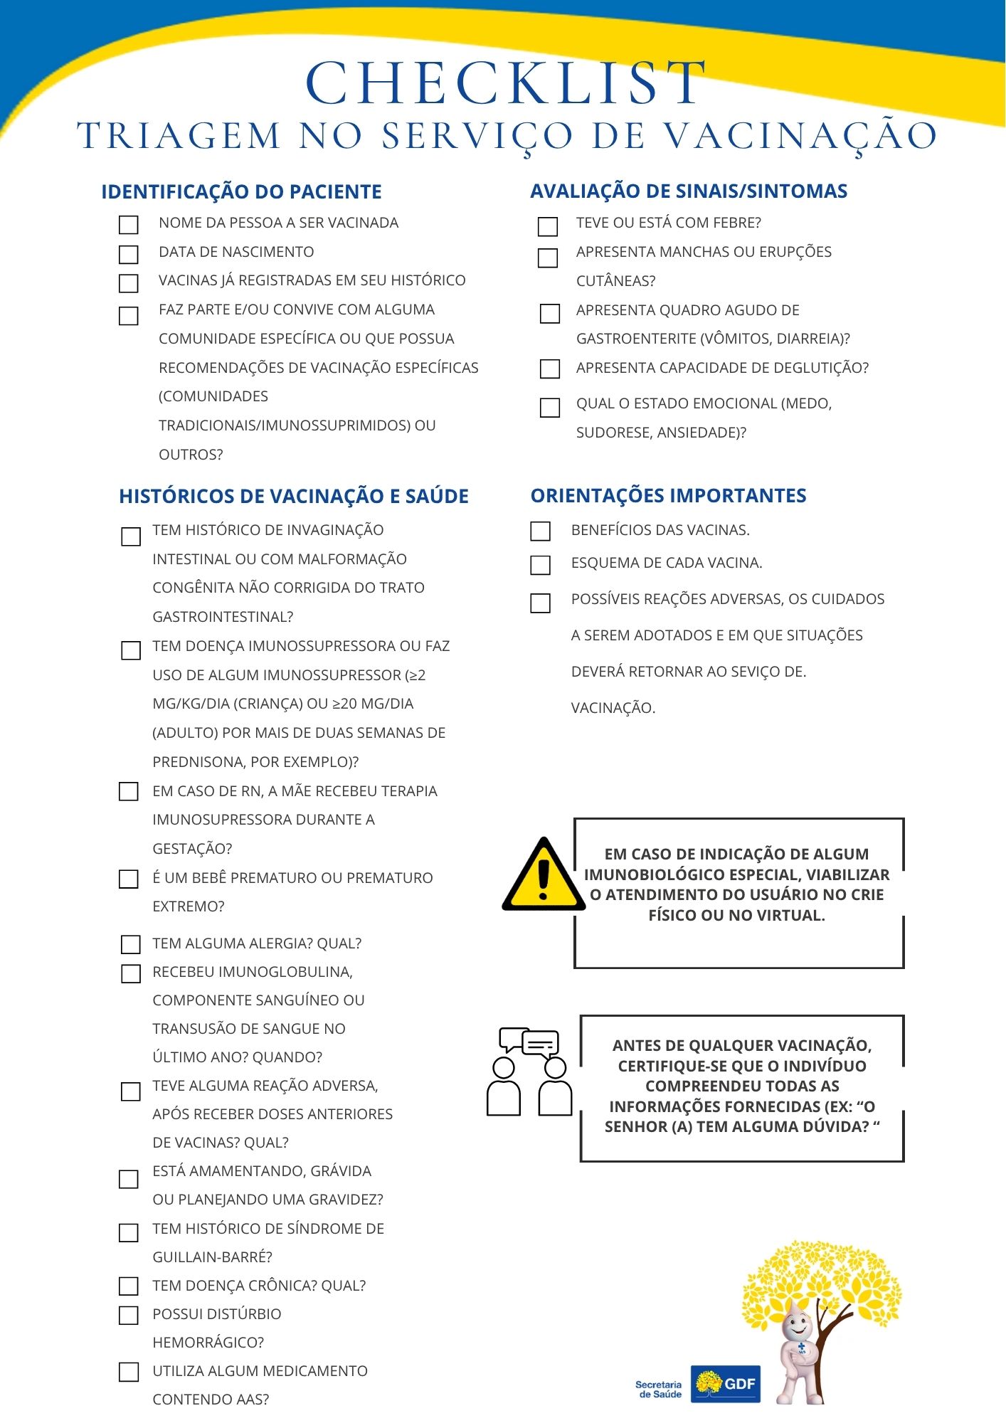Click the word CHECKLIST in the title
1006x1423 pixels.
pyautogui.click(x=506, y=83)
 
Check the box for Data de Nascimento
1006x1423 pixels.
pyautogui.click(x=129, y=254)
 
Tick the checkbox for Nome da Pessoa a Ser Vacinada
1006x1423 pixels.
pyautogui.click(x=129, y=225)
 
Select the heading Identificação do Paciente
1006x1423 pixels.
pyautogui.click(x=241, y=192)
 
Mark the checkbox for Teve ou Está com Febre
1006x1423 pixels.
pyautogui.click(x=548, y=226)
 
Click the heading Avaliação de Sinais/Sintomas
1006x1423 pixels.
pyautogui.click(x=689, y=191)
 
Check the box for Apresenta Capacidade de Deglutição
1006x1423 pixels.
pyautogui.click(x=550, y=369)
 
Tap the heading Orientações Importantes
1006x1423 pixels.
pyautogui.click(x=668, y=496)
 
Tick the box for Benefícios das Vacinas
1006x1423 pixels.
pyautogui.click(x=541, y=531)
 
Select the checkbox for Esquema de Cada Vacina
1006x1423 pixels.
pyautogui.click(x=541, y=565)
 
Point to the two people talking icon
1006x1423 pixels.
pyautogui.click(x=529, y=1072)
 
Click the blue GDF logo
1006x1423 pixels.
pyautogui.click(x=725, y=1384)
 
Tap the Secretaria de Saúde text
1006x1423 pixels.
pyautogui.click(x=658, y=1390)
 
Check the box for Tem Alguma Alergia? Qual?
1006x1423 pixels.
pyautogui.click(x=131, y=944)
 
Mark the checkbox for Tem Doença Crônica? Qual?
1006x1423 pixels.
pyautogui.click(x=129, y=1286)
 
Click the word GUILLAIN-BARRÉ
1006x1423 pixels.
pyautogui.click(x=212, y=1257)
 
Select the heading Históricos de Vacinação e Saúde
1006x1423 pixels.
pyautogui.click(x=293, y=497)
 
